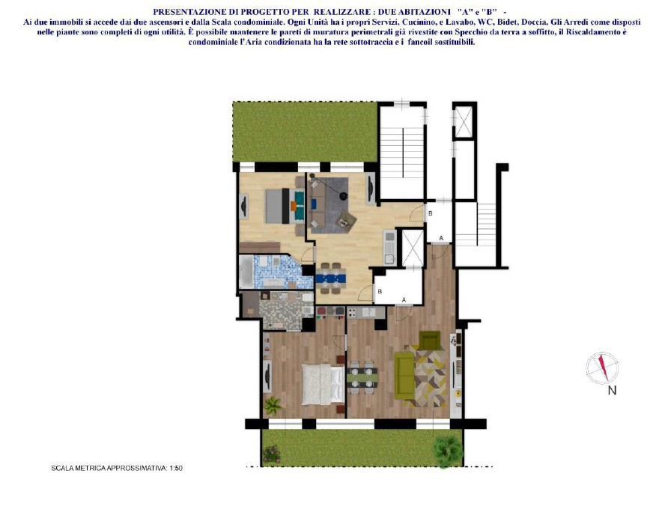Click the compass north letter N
coord(612,390)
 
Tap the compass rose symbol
coord(602,368)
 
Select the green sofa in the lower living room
coord(404,374)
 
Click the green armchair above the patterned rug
coord(429,341)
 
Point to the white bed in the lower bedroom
coord(321,383)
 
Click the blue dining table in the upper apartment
coord(330,278)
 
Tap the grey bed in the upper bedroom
coord(280,206)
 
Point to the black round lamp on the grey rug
coord(343,196)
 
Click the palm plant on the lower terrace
coord(448,449)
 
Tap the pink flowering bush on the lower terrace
coord(271,454)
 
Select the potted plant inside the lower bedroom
coord(273,406)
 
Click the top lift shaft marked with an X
coord(464,122)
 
